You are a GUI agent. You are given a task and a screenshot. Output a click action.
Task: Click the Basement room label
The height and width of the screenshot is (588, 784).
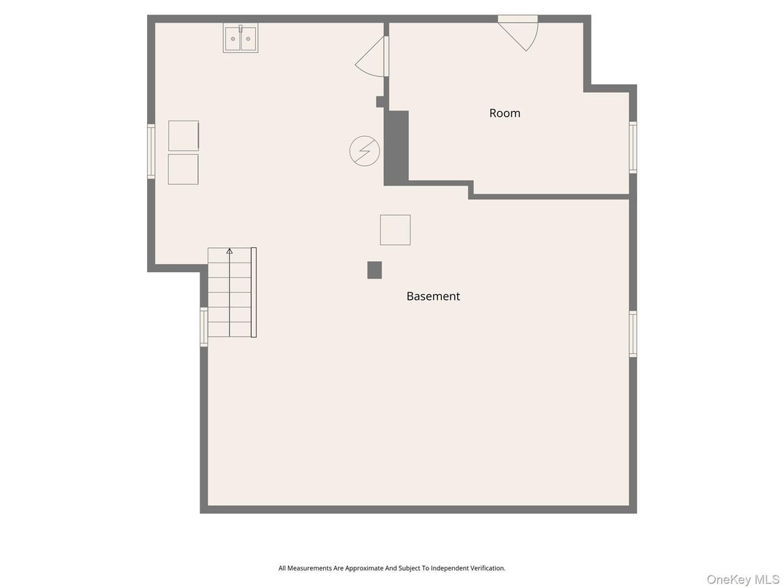433,296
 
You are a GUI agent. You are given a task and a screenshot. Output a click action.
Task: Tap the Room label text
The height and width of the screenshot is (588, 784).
505,113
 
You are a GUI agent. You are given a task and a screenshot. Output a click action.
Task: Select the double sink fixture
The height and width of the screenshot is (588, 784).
241,39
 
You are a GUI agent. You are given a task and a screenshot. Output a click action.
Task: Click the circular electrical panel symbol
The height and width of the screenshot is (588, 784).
364,151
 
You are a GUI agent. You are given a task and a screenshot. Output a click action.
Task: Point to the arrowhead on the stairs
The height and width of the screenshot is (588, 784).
230,251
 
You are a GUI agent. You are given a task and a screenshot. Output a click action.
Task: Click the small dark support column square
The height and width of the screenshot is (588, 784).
374,270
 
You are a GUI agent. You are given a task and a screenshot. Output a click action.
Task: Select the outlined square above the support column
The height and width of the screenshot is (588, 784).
395,230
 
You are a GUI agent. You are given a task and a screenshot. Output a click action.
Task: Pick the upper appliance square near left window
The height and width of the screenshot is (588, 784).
184,135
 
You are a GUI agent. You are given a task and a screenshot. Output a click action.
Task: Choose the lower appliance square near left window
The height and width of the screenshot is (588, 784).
183,169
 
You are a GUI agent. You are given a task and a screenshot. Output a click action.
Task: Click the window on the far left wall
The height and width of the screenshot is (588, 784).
151,151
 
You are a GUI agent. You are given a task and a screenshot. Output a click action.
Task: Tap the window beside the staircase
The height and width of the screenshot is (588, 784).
204,327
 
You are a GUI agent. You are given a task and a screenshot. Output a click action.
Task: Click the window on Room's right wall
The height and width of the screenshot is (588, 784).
633,148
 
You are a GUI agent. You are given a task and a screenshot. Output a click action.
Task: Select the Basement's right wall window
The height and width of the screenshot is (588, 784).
633,334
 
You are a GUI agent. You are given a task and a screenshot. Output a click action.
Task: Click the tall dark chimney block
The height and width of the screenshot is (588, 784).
396,148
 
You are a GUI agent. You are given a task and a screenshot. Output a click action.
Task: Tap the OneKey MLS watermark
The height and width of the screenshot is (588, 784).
742,579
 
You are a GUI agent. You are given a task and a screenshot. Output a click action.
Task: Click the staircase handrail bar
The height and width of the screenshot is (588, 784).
254,293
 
